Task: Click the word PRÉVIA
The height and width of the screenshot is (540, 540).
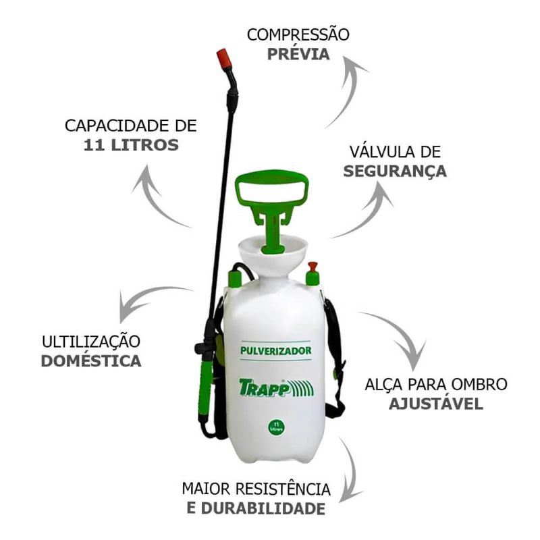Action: (298, 54)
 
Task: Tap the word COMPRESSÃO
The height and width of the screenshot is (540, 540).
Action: (298, 35)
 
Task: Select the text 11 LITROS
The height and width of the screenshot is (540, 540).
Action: (131, 145)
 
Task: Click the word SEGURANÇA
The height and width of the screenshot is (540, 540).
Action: (395, 171)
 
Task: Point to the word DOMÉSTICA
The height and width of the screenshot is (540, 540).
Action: (91, 361)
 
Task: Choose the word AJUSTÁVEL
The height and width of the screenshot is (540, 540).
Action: (436, 404)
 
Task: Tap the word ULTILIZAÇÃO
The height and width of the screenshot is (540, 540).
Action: (91, 342)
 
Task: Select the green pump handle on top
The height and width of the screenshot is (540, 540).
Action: (272, 207)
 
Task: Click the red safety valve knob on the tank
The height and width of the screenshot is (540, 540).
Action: (313, 267)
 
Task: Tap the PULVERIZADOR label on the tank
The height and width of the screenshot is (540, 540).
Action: (275, 350)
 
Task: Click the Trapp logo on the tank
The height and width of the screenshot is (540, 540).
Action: (276, 387)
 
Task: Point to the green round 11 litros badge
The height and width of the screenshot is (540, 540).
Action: (276, 427)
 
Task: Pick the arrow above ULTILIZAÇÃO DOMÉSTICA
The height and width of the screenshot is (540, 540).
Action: (144, 297)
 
